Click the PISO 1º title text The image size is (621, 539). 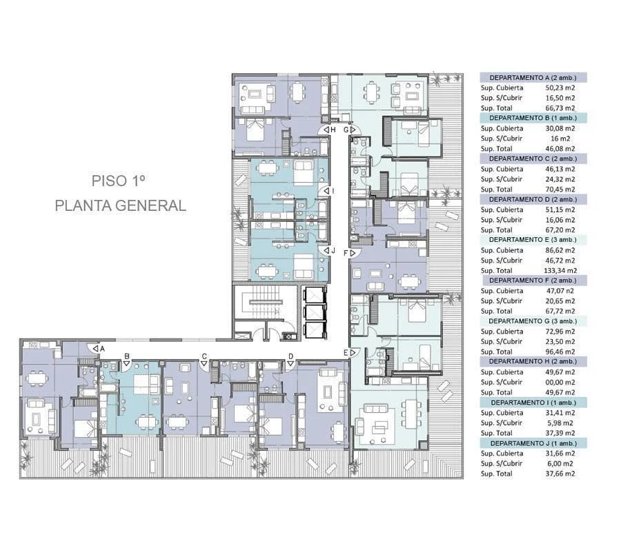118,181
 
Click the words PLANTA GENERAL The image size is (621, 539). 120,205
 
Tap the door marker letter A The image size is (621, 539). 102,349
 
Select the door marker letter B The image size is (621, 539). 127,356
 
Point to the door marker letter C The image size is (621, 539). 204,356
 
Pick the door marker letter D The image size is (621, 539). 290,356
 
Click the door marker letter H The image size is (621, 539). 333,130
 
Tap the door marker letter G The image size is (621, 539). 346,130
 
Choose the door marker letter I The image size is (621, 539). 333,191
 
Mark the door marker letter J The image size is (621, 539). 333,250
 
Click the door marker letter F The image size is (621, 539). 346,253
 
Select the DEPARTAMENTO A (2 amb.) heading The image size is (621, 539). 533,78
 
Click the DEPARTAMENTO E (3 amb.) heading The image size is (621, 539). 533,239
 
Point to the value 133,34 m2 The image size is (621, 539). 560,271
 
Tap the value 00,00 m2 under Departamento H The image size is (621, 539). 560,383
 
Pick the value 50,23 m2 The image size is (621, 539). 560,88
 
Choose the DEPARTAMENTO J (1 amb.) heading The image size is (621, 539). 533,443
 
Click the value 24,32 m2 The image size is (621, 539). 560,179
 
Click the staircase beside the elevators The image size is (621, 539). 264,303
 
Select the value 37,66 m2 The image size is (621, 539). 560,474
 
